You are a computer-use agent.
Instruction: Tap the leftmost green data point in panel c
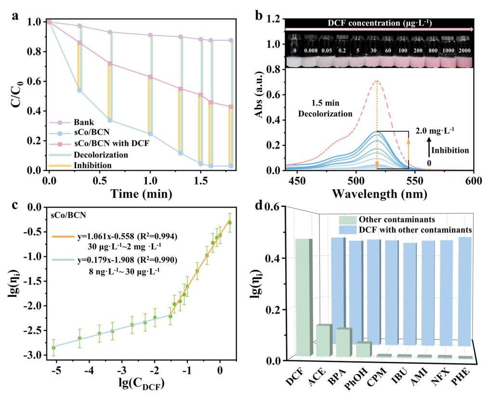(x=54, y=347)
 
